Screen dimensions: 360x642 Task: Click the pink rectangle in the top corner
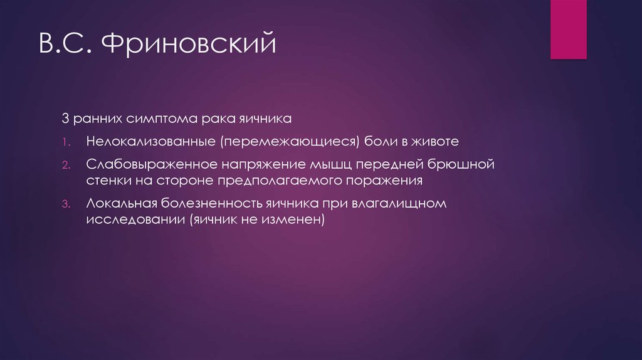click(568, 29)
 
